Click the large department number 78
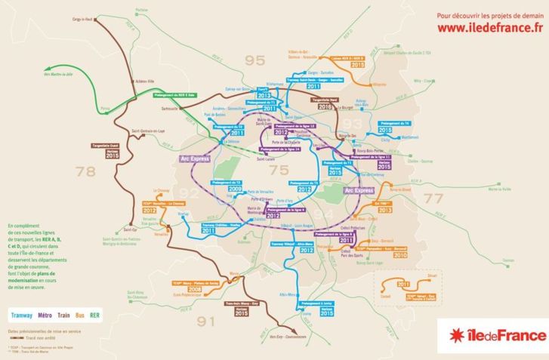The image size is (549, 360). point(87,171)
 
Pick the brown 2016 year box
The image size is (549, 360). point(325,107)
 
